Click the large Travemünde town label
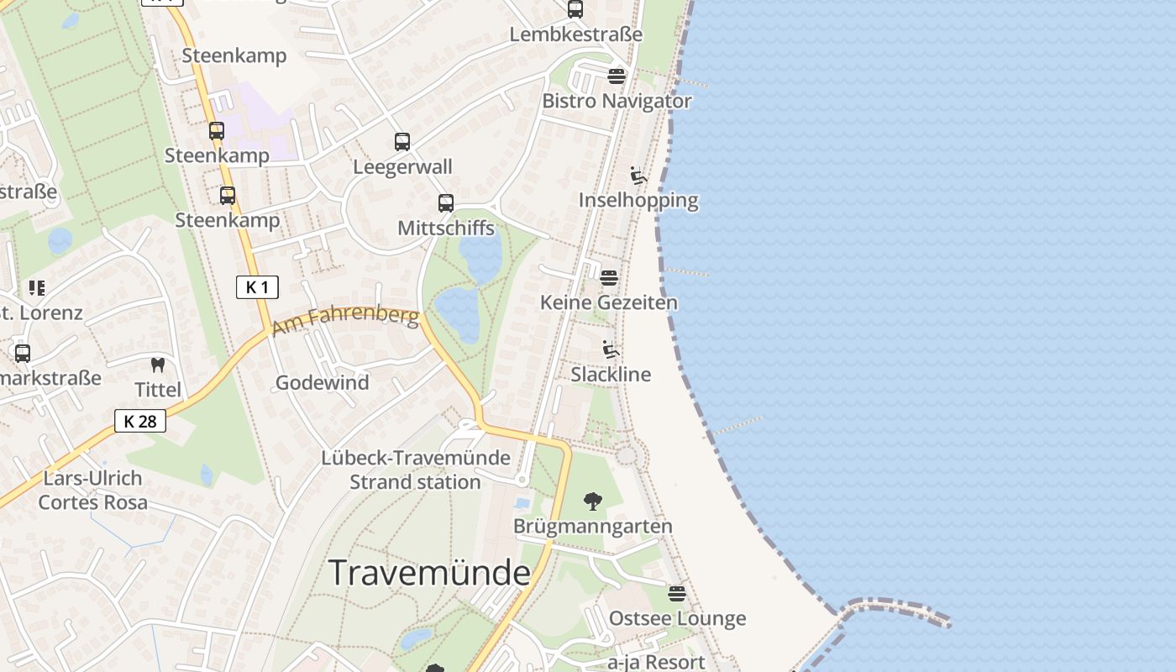(x=429, y=573)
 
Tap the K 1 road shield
(x=256, y=287)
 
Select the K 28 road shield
(x=140, y=421)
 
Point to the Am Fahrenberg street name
(x=346, y=319)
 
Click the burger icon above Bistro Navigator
(x=617, y=76)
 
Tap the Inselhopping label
(x=638, y=200)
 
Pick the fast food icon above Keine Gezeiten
(x=609, y=276)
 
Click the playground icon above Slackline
(x=611, y=349)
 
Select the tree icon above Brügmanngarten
(x=593, y=501)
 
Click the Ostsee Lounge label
(x=677, y=618)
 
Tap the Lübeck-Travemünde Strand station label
(x=416, y=470)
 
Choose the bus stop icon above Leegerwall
(x=402, y=142)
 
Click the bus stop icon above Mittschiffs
(x=446, y=203)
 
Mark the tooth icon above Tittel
(x=157, y=365)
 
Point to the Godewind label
(x=323, y=382)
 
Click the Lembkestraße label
(x=576, y=34)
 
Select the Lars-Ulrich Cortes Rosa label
(x=92, y=490)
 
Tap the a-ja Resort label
(x=656, y=661)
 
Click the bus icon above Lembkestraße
(x=575, y=9)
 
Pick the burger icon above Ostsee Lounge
(x=677, y=594)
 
